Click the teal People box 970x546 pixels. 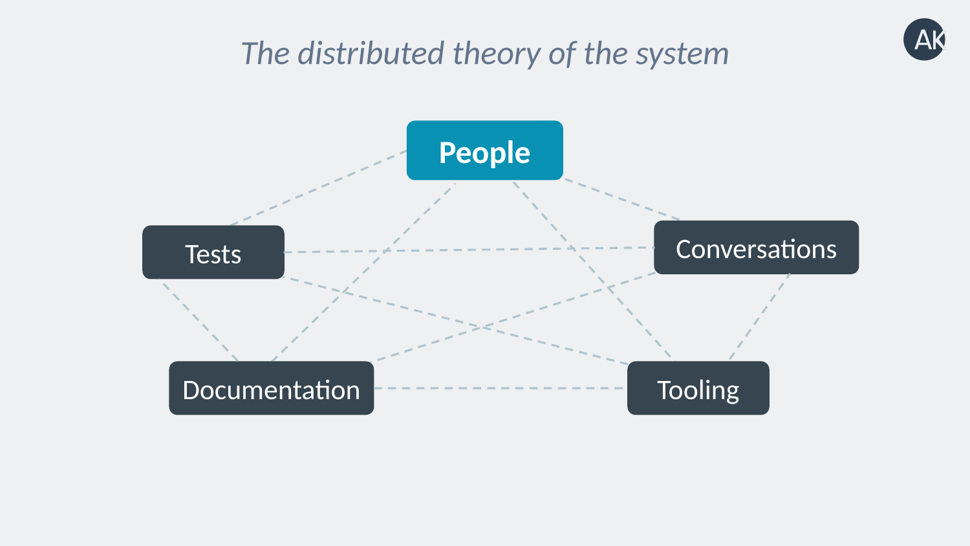(x=484, y=150)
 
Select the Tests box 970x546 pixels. (x=213, y=252)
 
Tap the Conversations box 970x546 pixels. (x=756, y=247)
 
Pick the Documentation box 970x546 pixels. (x=272, y=388)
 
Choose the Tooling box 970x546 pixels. (x=698, y=388)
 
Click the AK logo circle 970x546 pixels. (x=924, y=39)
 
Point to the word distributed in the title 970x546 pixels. (x=371, y=53)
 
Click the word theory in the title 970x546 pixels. (x=497, y=54)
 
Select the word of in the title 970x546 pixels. (x=562, y=53)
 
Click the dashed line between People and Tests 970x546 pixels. (x=318, y=188)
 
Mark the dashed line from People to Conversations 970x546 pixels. (x=622, y=199)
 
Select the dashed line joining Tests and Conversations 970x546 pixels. (x=469, y=250)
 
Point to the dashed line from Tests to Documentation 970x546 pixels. (x=199, y=320)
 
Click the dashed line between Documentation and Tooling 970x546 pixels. (x=501, y=388)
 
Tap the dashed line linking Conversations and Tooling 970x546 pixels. (x=760, y=317)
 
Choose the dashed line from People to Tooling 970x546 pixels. (x=592, y=270)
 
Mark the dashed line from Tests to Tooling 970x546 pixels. (x=455, y=321)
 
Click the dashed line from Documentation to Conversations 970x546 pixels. (x=513, y=317)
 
